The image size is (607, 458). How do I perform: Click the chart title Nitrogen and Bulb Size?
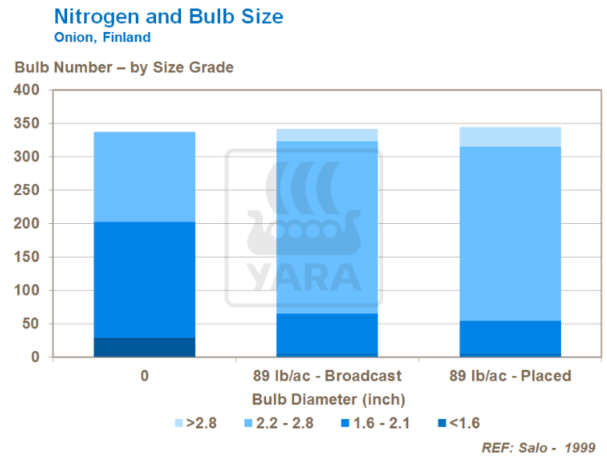coord(168,16)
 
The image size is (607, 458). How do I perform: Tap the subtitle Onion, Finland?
coord(102,37)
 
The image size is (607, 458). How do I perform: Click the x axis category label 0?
coord(144,376)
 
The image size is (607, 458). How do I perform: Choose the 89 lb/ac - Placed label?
coord(510,376)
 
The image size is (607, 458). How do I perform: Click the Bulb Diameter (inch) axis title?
coord(328,399)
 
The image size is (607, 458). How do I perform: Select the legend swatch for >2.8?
coord(179,424)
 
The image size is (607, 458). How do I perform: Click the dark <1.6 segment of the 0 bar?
coord(144,347)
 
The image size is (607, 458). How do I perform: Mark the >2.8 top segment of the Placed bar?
coord(510,137)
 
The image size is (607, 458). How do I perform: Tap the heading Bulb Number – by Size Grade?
coord(124,67)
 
